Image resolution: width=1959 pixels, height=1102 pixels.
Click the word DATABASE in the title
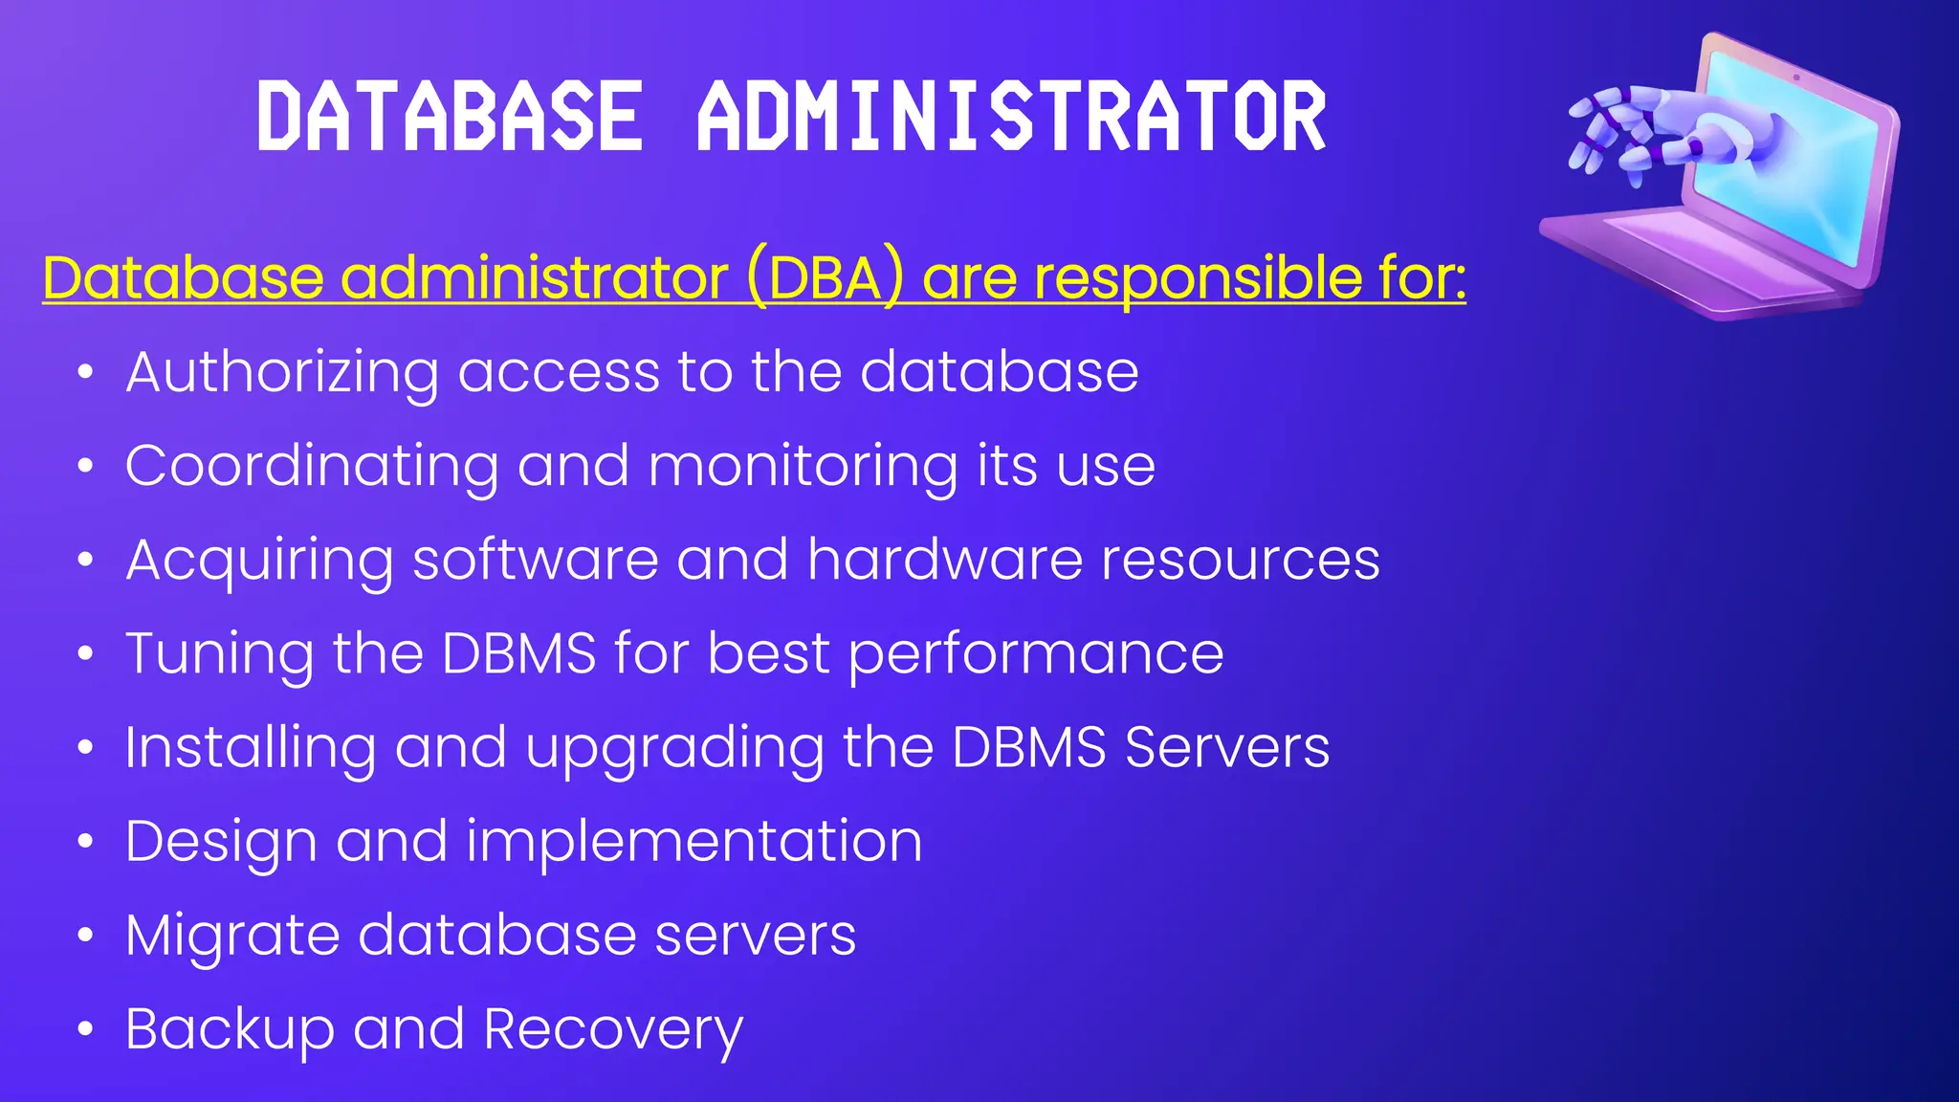pos(450,117)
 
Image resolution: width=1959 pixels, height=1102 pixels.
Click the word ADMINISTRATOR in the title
pos(1012,117)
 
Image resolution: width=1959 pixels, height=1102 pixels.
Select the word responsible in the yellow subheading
pos(1197,278)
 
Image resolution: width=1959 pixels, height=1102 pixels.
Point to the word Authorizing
pos(282,373)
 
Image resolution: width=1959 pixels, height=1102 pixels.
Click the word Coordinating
pos(312,467)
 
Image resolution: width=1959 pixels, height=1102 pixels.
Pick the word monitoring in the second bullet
pos(802,467)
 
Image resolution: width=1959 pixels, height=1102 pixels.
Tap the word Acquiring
pos(259,561)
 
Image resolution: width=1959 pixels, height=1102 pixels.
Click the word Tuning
pos(219,654)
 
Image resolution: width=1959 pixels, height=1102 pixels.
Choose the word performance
pos(1036,654)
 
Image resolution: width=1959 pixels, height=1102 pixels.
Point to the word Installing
pos(251,748)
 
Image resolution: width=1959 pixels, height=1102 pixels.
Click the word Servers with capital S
pos(1227,747)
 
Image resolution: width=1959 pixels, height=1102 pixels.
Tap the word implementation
pos(694,842)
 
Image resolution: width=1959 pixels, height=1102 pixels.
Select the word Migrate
pos(232,936)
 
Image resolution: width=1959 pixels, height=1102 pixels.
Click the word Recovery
pos(613,1030)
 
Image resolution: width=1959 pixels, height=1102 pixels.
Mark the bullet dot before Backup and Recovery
pos(86,1029)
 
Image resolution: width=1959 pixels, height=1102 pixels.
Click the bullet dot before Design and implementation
pos(86,842)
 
